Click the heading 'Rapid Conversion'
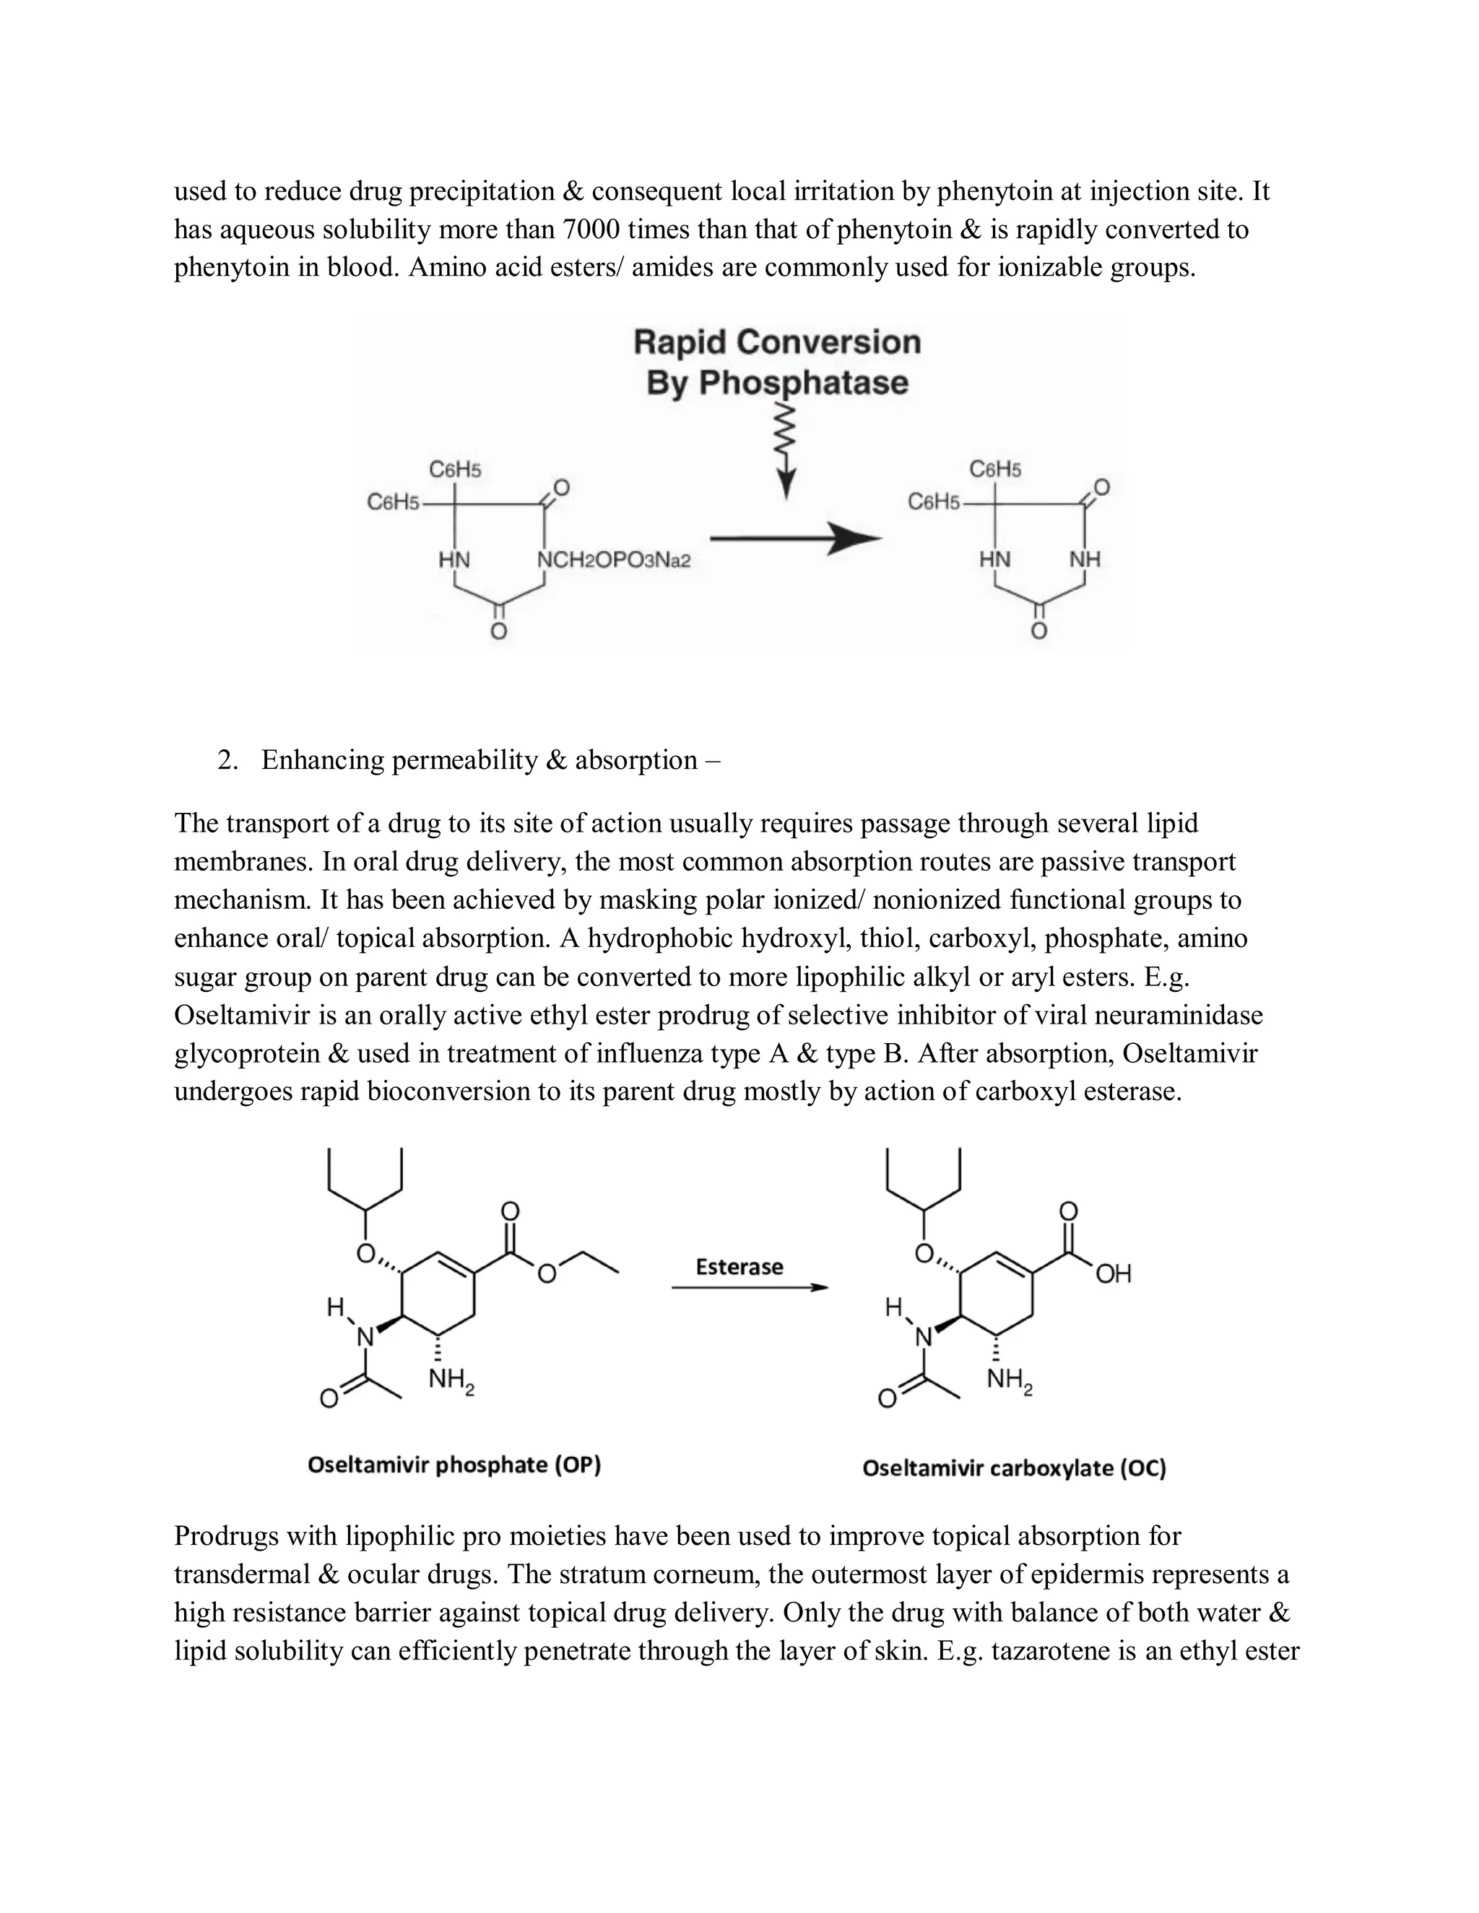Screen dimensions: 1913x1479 coord(776,341)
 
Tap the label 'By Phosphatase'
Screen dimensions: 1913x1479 coord(776,383)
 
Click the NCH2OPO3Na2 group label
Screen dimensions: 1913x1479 coord(613,559)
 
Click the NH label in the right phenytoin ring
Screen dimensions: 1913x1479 coord(1085,559)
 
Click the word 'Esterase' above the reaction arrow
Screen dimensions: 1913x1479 coord(739,1267)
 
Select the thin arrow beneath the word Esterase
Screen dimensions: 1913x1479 coord(749,1288)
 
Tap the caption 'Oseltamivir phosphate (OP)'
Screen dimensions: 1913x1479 coord(454,1465)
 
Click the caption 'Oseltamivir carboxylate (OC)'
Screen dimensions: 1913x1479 coord(1014,1468)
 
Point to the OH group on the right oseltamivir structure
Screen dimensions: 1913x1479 coord(1113,1273)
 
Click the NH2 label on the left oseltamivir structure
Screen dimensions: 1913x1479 coord(451,1380)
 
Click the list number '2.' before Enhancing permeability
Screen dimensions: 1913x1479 coord(227,760)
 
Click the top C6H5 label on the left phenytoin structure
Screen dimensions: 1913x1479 coord(455,471)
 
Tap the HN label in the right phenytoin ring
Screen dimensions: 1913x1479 coord(994,559)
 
